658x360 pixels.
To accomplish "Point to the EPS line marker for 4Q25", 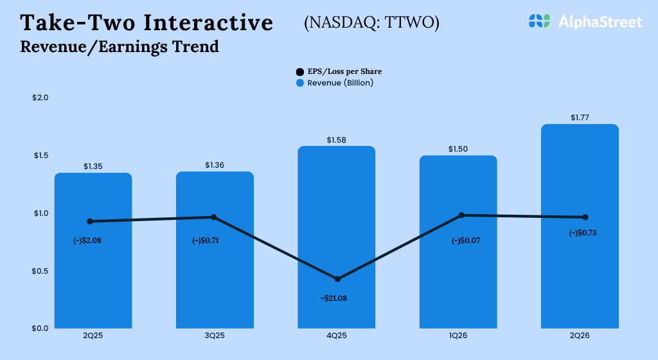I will pos(337,279).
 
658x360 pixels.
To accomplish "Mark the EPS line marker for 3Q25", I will pos(214,217).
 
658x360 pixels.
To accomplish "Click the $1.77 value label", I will pos(580,118).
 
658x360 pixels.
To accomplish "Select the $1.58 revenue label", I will pos(336,139).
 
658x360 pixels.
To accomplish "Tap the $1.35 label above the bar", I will pos(93,166).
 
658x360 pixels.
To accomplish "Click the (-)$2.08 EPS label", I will pos(88,242).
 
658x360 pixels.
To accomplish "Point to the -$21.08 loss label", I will pos(333,298).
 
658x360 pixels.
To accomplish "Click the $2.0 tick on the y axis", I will pos(40,98).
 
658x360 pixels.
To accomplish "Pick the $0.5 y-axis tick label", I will pos(40,271).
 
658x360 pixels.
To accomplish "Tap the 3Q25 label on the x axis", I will pos(215,336).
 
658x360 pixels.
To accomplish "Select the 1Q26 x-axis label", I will pos(458,336).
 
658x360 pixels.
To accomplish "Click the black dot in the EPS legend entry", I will pos(300,72).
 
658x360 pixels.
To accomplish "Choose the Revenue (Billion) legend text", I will pos(340,83).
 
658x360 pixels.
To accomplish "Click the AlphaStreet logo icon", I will pos(540,21).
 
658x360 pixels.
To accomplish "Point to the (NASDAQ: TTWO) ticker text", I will pos(371,22).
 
